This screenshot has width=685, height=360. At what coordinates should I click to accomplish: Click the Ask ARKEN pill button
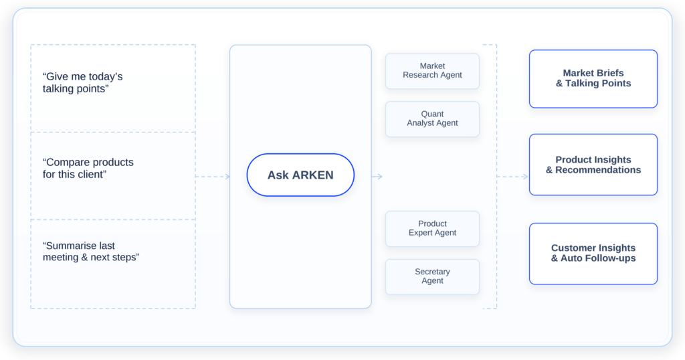tap(300, 175)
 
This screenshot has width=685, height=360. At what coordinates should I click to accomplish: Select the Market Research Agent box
tap(432, 71)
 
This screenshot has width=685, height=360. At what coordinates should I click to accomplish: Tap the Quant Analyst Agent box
tap(432, 119)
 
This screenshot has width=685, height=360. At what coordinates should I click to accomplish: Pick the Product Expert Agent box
tap(432, 228)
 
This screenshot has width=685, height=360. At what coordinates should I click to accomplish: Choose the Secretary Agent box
tap(432, 276)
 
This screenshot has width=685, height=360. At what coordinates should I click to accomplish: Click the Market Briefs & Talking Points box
tap(593, 79)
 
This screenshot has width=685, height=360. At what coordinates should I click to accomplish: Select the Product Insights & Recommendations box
tap(593, 165)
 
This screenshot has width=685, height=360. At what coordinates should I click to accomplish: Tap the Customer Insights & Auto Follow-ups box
tap(593, 254)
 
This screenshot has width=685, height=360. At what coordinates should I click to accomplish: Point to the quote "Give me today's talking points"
tap(82, 82)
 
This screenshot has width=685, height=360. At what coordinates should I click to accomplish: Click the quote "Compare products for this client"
tap(88, 168)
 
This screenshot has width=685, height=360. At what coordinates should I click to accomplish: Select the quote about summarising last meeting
tap(91, 252)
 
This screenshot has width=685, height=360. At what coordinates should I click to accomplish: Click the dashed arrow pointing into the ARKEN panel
tap(213, 177)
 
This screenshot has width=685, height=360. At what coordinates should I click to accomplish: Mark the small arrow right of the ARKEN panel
tap(377, 177)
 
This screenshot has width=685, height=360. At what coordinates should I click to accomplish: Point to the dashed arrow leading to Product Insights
tap(512, 177)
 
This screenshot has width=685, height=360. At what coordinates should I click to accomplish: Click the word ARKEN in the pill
tap(313, 175)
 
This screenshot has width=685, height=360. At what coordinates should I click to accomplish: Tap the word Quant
tap(432, 114)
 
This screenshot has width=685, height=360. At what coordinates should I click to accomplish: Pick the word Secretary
tap(432, 272)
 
